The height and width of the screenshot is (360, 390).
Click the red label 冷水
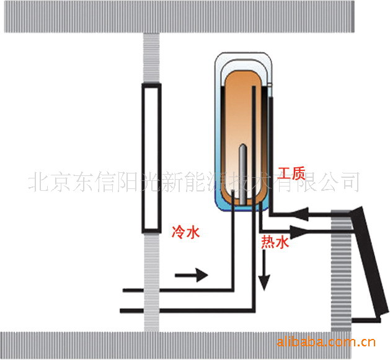pyautogui.click(x=185, y=233)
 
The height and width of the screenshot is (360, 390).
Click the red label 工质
pyautogui.click(x=291, y=172)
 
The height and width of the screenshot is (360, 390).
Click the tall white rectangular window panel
pyautogui.click(x=151, y=158)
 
